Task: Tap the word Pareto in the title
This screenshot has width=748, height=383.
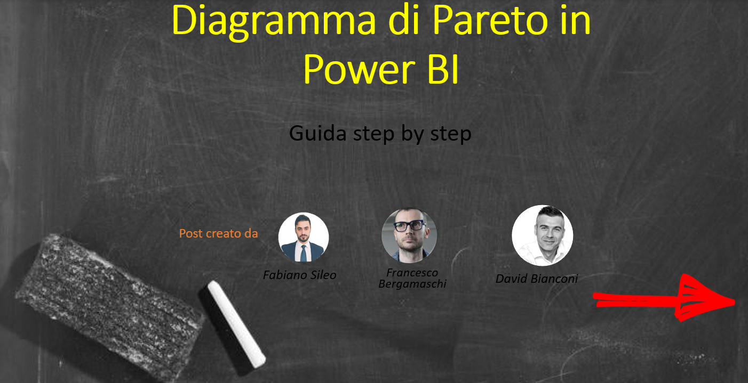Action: pos(490,20)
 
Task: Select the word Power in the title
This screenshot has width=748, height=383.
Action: pos(359,70)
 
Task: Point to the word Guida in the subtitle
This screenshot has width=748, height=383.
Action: pos(318,133)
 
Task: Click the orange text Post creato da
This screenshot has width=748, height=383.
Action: pos(218,233)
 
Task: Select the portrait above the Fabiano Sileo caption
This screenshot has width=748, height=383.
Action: pos(304,237)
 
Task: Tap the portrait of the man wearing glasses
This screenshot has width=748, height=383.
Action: pos(409,235)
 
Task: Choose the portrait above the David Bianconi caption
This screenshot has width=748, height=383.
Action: pos(542,235)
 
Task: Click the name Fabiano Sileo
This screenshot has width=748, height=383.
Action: pos(299,275)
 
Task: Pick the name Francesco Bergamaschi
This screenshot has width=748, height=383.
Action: pos(412,279)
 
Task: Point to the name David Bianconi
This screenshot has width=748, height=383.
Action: pos(537,279)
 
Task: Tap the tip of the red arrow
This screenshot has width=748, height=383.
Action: pos(735,303)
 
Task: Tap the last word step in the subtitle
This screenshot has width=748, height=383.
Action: pos(451,134)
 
